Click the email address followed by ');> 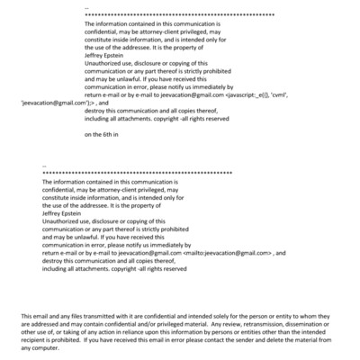coord(48,104)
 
